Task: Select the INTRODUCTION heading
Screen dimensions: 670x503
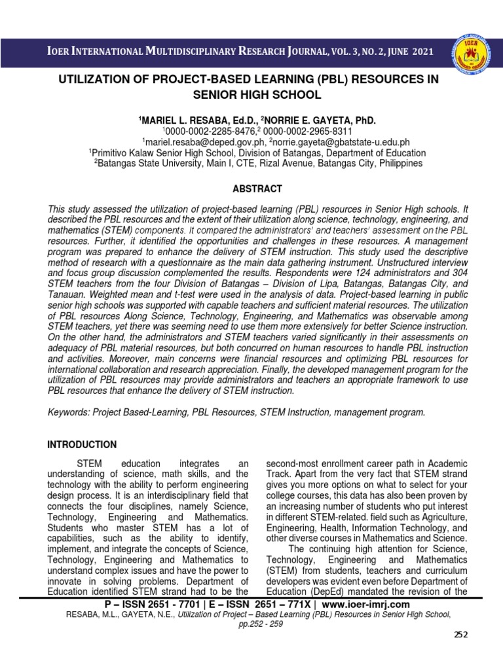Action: coord(82,444)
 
